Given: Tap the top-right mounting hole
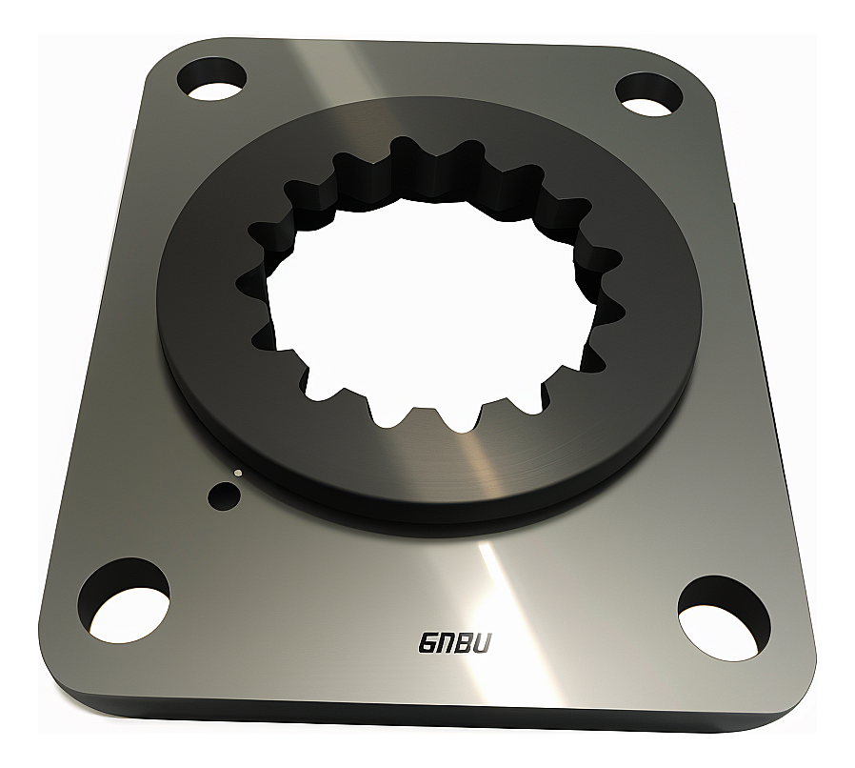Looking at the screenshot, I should click(x=651, y=92).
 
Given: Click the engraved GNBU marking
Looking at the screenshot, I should click(x=455, y=644).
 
